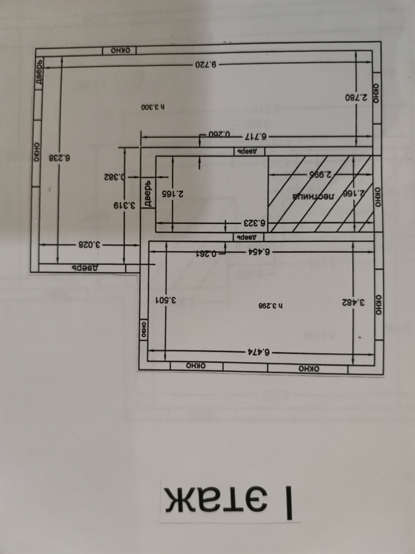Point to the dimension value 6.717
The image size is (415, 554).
coord(256,137)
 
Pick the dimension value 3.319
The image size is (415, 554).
coord(124,206)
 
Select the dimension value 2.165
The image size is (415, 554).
coord(173,194)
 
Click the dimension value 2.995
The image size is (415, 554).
coord(320,174)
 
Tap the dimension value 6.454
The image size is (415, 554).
coord(259,251)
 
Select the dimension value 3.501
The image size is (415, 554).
coord(166,300)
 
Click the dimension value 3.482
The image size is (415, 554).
coord(353,303)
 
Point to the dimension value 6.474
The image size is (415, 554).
coord(259,352)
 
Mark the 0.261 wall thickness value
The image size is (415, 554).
coord(206,254)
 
